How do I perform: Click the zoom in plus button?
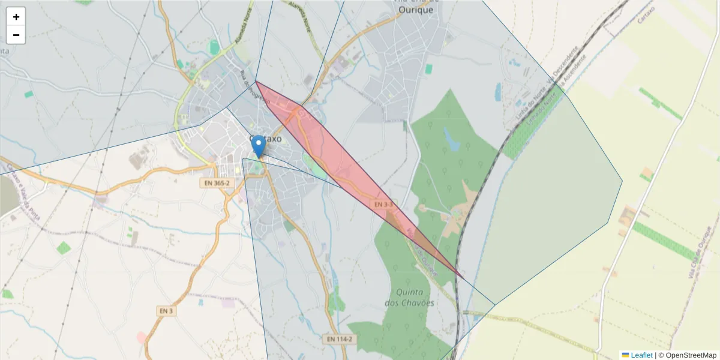tap(16, 17)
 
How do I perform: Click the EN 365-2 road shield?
tap(216, 182)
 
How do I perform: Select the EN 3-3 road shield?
tap(383, 205)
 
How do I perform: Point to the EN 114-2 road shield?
tap(340, 339)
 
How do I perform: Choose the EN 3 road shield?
tap(166, 311)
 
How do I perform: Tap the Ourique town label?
tap(416, 10)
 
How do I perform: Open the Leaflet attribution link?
tap(641, 355)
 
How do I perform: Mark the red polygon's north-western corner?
tap(256, 81)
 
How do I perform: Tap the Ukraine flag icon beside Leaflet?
tap(625, 355)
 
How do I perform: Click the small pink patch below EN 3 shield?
tap(142, 337)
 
